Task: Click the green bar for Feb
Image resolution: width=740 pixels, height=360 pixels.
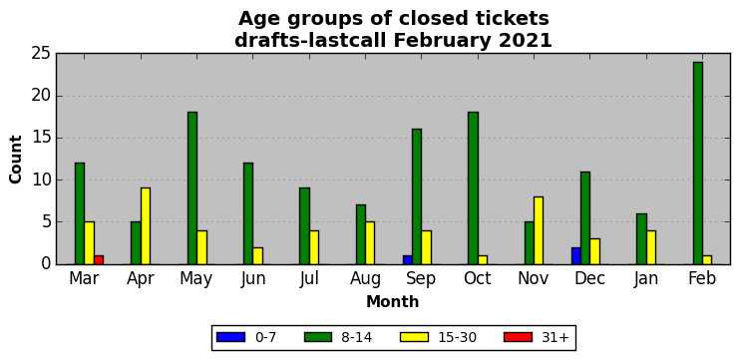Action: click(x=698, y=164)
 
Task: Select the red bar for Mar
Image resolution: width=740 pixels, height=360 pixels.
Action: click(x=99, y=260)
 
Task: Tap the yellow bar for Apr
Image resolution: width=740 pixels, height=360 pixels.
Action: click(x=146, y=226)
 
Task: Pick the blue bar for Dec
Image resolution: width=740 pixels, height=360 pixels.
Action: click(x=575, y=255)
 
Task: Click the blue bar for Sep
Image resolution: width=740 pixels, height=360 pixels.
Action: click(x=407, y=260)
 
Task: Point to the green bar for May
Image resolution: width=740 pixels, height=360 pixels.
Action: click(x=192, y=188)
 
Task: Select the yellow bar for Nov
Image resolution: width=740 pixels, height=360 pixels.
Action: click(x=538, y=230)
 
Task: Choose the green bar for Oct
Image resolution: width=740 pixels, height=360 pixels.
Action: click(x=473, y=188)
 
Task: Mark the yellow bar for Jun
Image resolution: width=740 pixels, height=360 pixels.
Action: click(x=257, y=255)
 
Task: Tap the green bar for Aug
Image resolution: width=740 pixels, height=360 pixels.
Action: click(x=361, y=234)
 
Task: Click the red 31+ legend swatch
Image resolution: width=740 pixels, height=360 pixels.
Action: click(x=518, y=337)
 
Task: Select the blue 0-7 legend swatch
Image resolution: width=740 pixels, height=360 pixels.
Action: click(x=230, y=337)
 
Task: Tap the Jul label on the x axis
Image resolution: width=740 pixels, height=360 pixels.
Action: click(x=309, y=278)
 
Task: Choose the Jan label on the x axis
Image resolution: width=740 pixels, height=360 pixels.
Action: click(x=646, y=278)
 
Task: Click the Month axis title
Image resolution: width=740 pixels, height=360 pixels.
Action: click(x=393, y=301)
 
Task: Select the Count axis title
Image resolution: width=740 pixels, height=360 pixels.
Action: click(x=16, y=159)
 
